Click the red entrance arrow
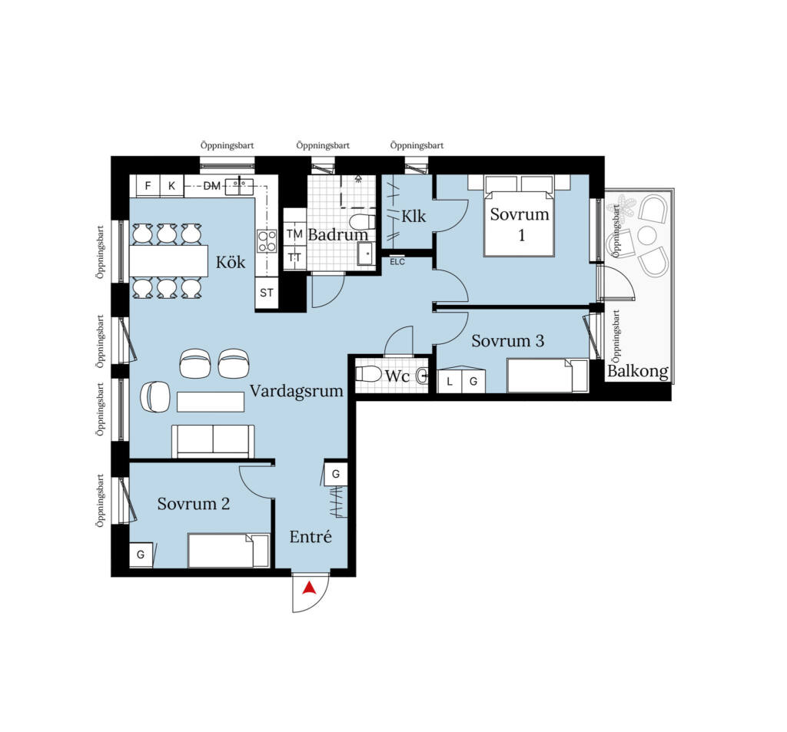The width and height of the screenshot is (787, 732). point(310,588)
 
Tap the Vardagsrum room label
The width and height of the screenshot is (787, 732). point(296,391)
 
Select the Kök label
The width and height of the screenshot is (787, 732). point(231,262)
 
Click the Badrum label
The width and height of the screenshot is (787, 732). point(338,234)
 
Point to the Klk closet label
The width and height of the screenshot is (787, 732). point(413,217)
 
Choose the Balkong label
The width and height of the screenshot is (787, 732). point(637,371)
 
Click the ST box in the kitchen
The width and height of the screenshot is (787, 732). point(267,293)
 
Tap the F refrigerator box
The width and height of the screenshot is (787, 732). point(148,186)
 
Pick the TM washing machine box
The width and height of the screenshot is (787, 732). point(294,234)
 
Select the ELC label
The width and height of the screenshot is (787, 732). point(397,262)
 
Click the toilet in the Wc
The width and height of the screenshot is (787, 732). point(368,374)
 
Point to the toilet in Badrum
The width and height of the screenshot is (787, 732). point(361,221)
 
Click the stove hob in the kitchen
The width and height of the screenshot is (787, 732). point(267,241)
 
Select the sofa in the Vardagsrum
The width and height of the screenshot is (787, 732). point(213,442)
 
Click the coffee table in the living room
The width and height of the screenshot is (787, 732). point(211,402)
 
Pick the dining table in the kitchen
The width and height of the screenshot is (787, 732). point(168,261)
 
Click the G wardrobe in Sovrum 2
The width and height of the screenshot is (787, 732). point(141,555)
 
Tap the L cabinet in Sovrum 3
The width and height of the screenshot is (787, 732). point(450,381)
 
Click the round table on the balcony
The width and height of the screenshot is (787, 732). point(647,235)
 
